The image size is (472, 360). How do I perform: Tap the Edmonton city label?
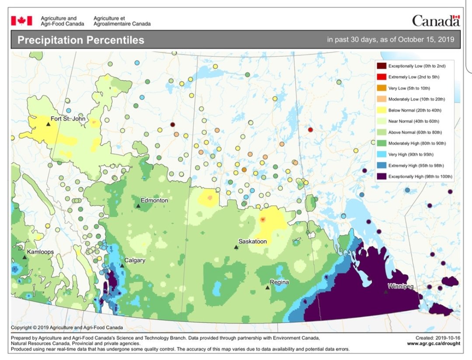[154, 200]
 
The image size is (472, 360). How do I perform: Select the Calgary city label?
[135, 260]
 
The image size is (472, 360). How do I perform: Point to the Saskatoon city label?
[252, 241]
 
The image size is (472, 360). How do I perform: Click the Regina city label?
[279, 282]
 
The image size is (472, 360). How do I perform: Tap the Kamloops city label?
[40, 253]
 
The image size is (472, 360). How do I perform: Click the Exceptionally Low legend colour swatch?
[381, 66]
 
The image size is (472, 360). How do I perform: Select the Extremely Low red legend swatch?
[381, 77]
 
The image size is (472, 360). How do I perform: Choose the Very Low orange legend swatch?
[381, 88]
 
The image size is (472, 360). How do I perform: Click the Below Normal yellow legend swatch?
[381, 110]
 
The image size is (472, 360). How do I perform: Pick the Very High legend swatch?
[381, 155]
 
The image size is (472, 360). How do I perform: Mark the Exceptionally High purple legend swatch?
[381, 177]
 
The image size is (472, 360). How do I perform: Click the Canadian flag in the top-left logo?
[21, 21]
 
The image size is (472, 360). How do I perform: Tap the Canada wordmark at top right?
[435, 21]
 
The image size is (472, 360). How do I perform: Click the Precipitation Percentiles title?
[80, 40]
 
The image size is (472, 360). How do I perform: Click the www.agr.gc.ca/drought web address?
[433, 343]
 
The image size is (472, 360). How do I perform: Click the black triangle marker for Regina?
[267, 287]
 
